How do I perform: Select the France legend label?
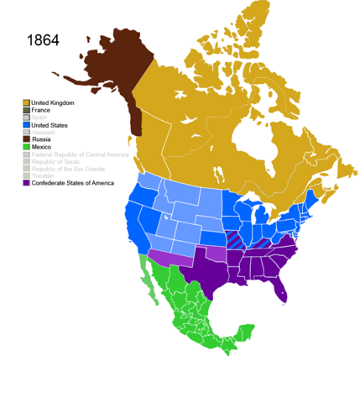coord(44,110)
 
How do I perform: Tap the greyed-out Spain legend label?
coord(42,118)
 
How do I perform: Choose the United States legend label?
coord(52,125)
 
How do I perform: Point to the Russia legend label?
coord(44,140)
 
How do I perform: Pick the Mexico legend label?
coord(44,148)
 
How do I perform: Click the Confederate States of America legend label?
coord(74,183)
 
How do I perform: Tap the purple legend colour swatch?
coord(27,183)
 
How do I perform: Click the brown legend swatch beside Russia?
coord(27,140)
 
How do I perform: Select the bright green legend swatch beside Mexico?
coord(27,148)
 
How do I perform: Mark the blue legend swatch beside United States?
coord(27,125)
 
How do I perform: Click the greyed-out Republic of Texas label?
coord(59,162)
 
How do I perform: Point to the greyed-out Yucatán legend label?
coord(44,176)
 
